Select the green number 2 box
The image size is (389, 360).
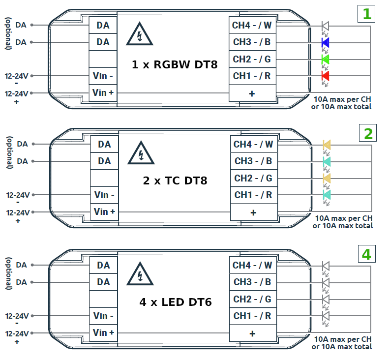367,133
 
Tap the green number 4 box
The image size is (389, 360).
366,254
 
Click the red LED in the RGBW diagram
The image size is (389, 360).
325,76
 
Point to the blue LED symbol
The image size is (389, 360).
325,43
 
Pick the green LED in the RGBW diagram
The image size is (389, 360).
325,60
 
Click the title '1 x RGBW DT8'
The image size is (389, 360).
174,64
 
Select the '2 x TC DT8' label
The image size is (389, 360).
175,180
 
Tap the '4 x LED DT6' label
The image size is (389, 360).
175,302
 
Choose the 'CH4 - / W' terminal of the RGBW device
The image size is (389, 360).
252,25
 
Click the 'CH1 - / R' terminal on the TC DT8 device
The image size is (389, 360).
253,195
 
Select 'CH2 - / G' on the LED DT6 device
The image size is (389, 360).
252,299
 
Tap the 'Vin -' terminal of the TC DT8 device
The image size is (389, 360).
104,195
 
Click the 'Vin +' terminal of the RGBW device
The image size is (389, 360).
103,92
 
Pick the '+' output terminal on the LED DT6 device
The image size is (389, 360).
252,333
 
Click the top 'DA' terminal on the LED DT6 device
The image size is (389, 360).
103,266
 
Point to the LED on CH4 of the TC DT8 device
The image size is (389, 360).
327,145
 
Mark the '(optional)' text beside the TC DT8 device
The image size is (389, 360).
9,152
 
